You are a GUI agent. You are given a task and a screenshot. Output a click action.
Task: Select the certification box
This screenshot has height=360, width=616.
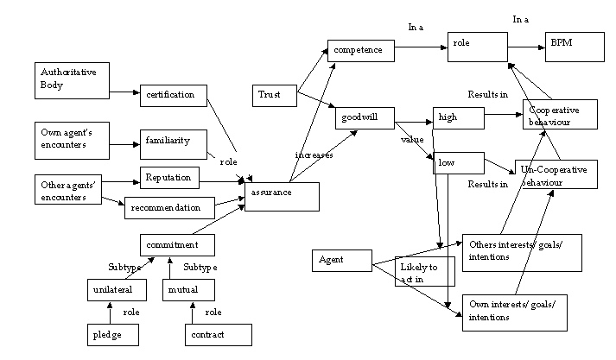173,94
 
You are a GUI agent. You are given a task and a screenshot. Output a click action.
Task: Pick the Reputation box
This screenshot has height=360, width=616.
169,178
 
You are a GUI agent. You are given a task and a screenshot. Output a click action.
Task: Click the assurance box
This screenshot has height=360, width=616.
283,196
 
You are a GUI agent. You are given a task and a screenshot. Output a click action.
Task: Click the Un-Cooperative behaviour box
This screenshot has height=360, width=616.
556,175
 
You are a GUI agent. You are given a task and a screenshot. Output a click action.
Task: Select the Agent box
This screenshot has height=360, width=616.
343,261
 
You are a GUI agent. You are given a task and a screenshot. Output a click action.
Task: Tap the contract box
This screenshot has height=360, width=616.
218,334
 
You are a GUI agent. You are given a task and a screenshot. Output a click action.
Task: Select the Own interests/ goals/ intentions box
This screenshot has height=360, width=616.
515,312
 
